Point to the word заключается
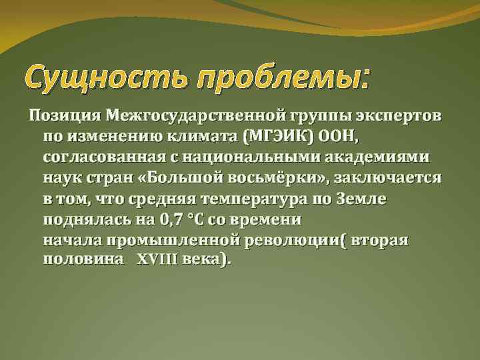[x=390, y=178]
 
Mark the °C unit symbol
[x=204, y=219]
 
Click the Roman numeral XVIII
[x=158, y=261]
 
